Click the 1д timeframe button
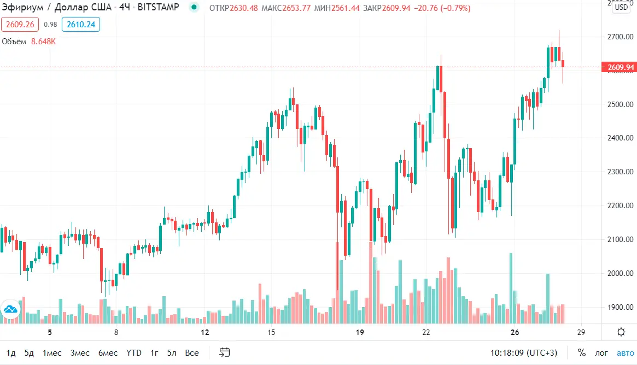[x=11, y=352]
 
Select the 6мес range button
[x=108, y=352]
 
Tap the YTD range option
[x=134, y=352]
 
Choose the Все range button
[x=191, y=352]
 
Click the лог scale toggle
[x=601, y=352]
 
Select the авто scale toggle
[x=626, y=352]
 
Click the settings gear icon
[x=621, y=332]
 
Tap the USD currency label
[x=621, y=8]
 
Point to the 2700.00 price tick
[x=620, y=37]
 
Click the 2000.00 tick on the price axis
[x=620, y=273]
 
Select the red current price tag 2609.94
[x=618, y=67]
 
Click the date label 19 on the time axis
[x=360, y=332]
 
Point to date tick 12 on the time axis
[x=204, y=332]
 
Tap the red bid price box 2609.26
[x=20, y=24]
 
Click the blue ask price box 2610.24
[x=81, y=24]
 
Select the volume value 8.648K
[x=43, y=42]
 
